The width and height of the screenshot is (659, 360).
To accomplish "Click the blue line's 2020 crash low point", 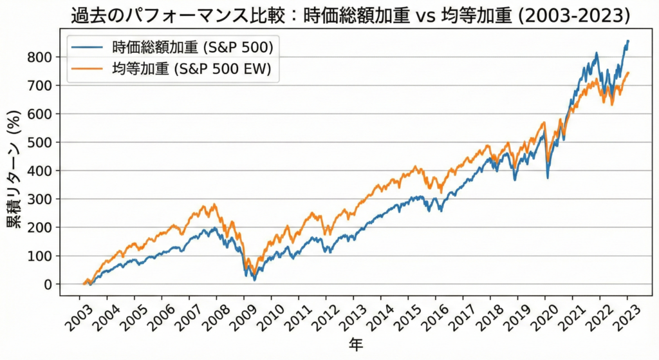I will point(548,178).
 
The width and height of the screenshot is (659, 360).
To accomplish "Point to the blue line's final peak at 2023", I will point(628,41).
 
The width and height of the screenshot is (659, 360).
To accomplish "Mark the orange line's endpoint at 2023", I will point(629,73).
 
